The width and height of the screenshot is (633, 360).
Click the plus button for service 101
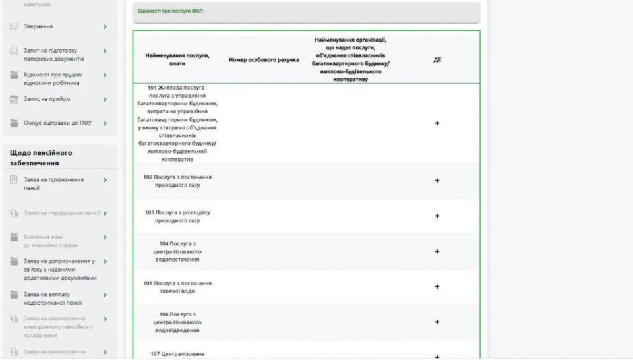click(x=437, y=123)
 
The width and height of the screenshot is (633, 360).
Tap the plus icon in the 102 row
click(x=437, y=181)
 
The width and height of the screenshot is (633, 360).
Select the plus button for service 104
click(x=437, y=251)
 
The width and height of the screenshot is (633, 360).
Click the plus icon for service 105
click(x=437, y=287)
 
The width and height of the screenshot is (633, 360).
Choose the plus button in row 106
click(x=437, y=322)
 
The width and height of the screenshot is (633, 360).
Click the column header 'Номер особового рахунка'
click(x=263, y=60)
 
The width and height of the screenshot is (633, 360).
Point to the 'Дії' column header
click(x=437, y=60)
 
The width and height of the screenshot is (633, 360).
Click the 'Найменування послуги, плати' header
click(x=177, y=60)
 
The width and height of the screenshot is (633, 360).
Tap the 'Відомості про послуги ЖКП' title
click(x=171, y=11)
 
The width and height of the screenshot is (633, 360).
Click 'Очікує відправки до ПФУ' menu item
click(x=57, y=123)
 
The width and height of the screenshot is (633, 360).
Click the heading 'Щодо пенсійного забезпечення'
click(x=41, y=158)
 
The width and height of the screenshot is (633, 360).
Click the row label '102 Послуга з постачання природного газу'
click(x=177, y=181)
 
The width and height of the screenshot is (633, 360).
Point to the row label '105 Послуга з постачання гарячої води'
click(x=177, y=287)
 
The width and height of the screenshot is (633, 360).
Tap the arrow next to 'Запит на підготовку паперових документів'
click(x=105, y=51)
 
